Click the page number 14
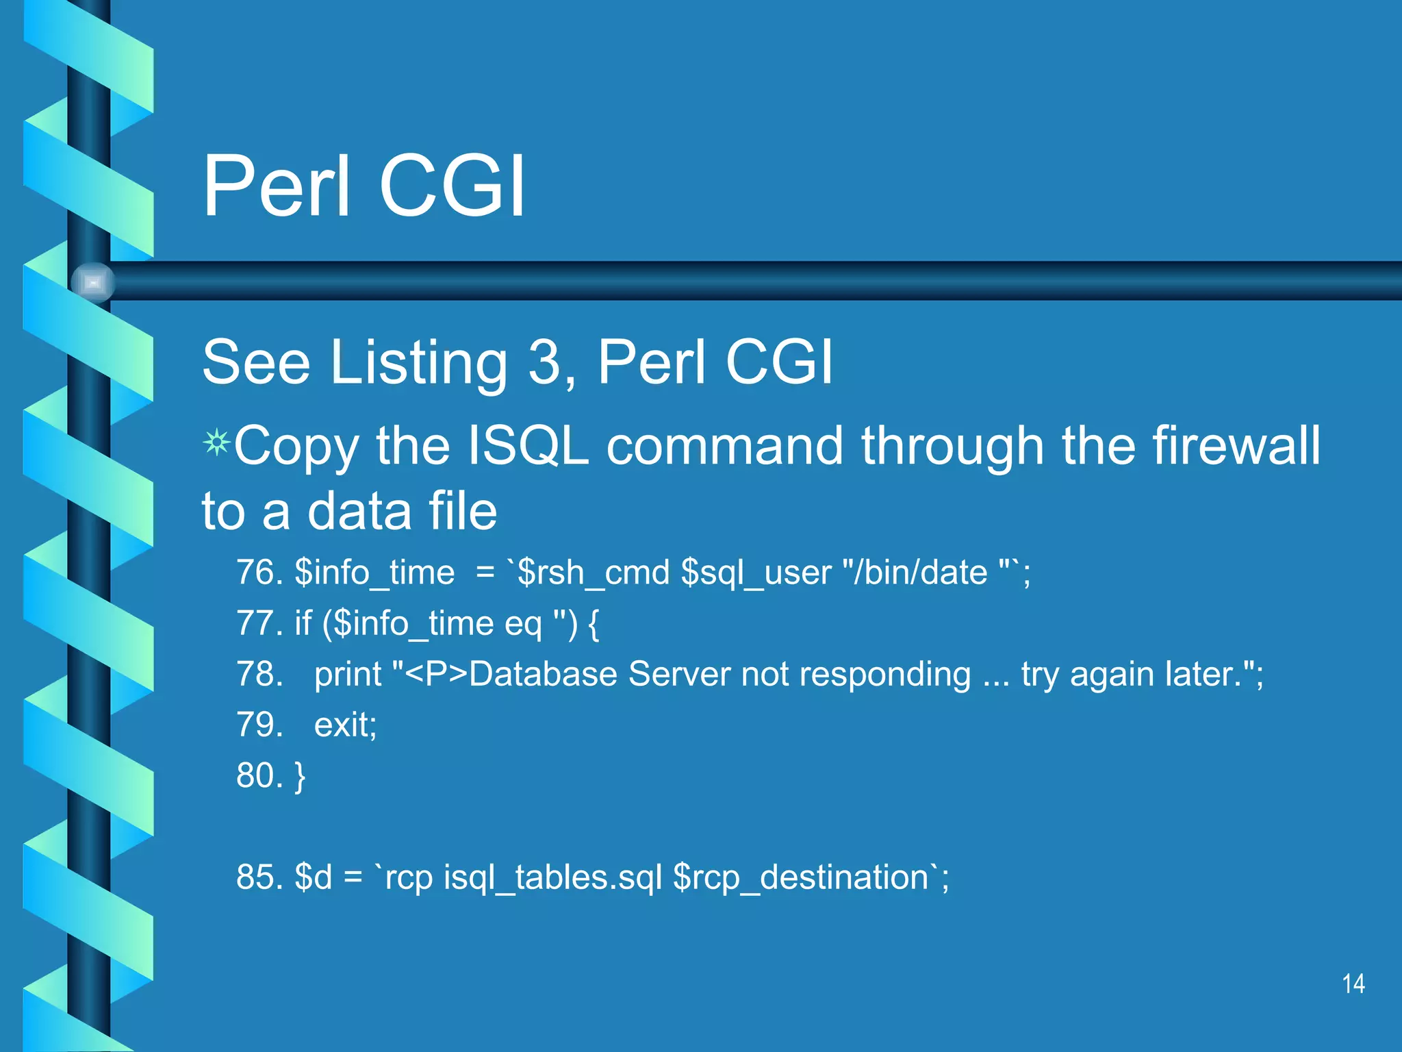pos(1353,984)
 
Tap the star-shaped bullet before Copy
pos(216,443)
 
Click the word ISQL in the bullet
pos(527,446)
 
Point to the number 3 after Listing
pos(545,362)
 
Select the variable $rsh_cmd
pos(593,573)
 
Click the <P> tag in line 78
pos(436,674)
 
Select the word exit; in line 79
pos(345,725)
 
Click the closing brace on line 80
pos(300,777)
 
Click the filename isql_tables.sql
pos(552,878)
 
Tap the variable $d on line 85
pos(313,877)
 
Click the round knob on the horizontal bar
pos(92,282)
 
